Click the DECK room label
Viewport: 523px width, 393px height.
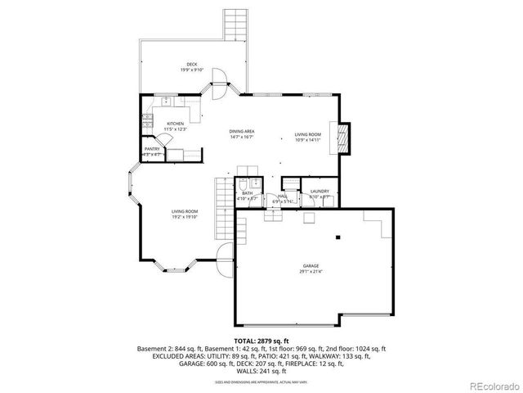coord(191,64)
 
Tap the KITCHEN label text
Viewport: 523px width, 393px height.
coord(176,123)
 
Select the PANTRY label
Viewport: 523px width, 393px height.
coord(152,149)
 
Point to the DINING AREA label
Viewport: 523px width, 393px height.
coord(241,132)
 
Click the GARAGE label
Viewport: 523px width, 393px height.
coord(311,266)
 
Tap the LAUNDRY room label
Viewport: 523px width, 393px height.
coord(319,191)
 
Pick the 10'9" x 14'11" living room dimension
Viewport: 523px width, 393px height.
coord(308,140)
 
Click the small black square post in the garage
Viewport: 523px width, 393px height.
coord(337,237)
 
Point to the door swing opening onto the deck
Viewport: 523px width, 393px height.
coord(219,79)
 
